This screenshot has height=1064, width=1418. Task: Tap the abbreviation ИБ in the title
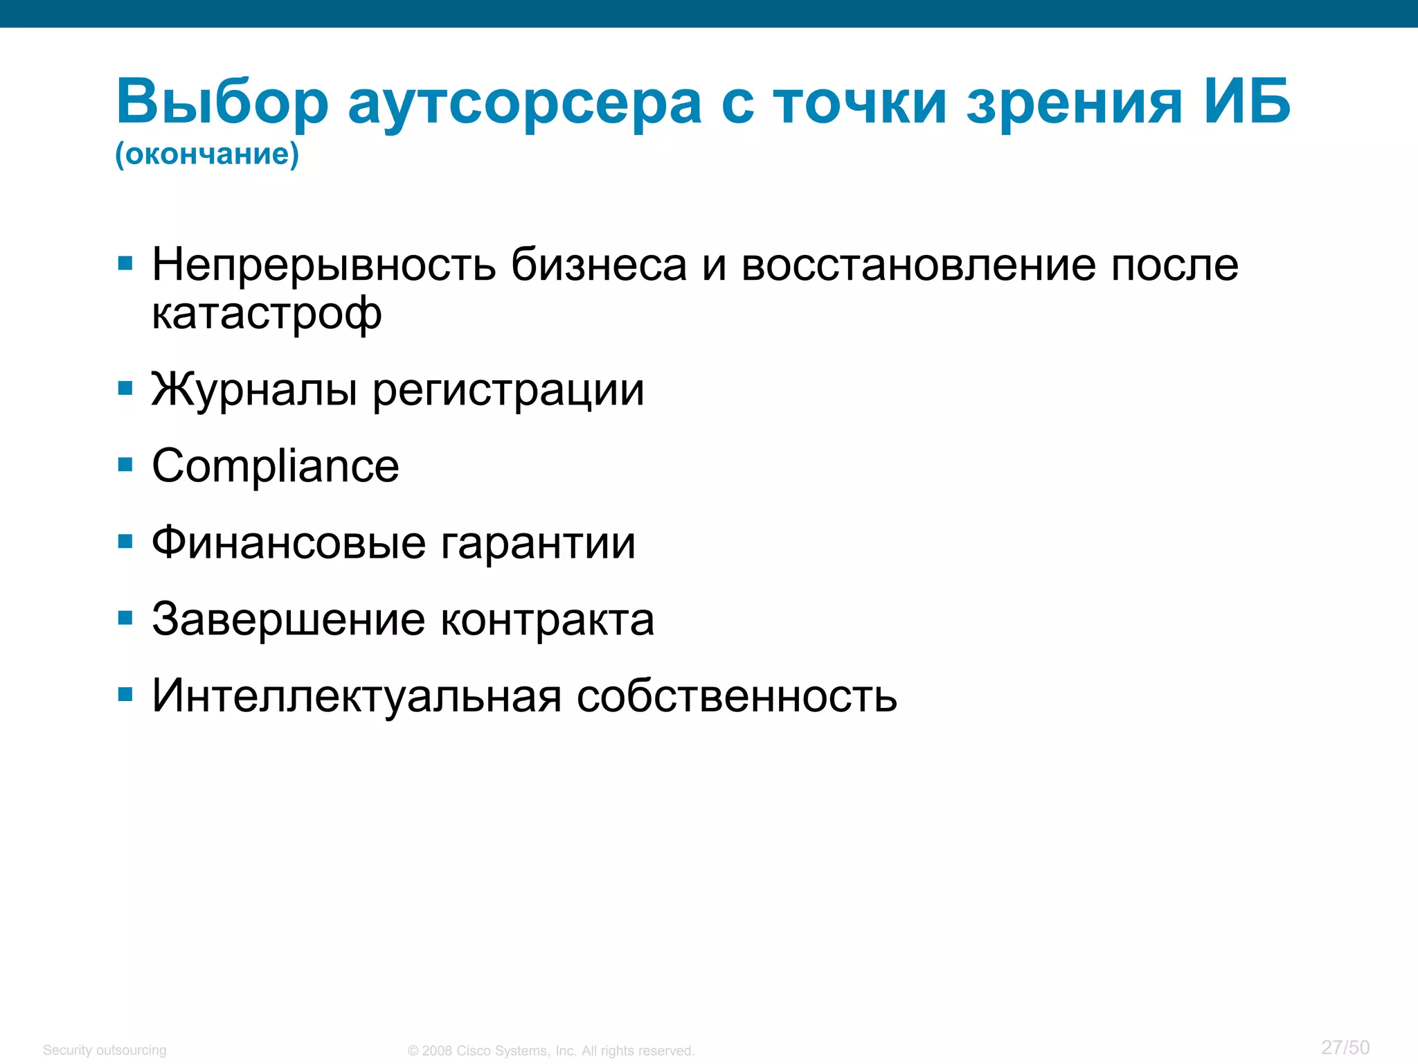[x=1247, y=101]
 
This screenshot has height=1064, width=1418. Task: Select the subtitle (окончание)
[x=207, y=154]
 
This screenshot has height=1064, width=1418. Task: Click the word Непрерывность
[x=324, y=266]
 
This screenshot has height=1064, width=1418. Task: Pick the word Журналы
[x=254, y=390]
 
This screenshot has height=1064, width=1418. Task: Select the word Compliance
[x=276, y=466]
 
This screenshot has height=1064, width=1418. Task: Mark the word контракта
[x=548, y=621]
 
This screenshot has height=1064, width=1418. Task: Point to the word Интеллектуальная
[x=357, y=695]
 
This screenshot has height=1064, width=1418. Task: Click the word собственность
[x=737, y=696]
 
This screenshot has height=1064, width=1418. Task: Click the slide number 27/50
[x=1345, y=1047]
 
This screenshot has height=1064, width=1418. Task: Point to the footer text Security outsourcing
[x=105, y=1050]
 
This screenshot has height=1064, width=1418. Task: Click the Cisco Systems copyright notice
[x=551, y=1051]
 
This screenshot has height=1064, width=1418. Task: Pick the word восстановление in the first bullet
[x=919, y=266]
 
